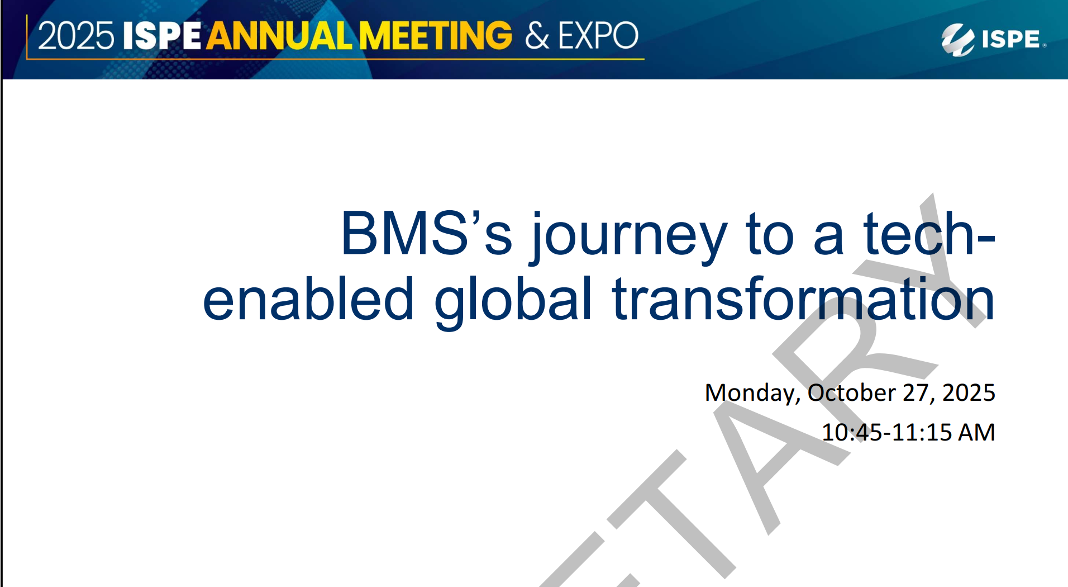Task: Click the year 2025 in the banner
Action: point(76,36)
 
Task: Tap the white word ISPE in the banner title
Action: point(161,36)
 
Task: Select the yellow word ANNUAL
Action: point(279,36)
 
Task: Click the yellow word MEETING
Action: point(435,36)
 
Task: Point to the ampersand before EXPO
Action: point(537,36)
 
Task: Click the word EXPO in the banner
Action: point(598,36)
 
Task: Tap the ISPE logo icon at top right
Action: point(957,39)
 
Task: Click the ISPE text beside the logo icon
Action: point(1011,39)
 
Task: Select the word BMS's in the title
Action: point(426,234)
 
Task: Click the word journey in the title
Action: point(629,235)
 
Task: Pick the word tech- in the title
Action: point(929,234)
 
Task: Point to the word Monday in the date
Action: point(752,393)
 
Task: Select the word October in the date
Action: point(852,392)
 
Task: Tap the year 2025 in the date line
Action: point(969,392)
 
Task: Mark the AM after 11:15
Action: point(976,432)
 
